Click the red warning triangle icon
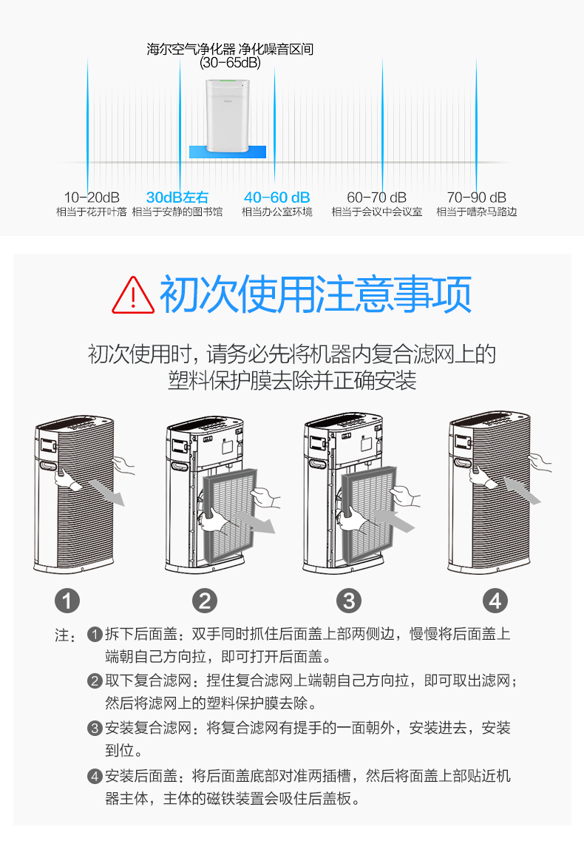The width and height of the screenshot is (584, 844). [133, 294]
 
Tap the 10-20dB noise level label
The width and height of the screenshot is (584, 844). [92, 198]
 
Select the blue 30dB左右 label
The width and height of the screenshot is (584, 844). [177, 198]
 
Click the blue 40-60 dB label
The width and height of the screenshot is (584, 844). [277, 198]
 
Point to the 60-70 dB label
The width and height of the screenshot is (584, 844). [377, 198]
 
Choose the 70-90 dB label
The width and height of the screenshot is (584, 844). [477, 198]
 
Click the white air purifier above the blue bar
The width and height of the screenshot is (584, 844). [227, 112]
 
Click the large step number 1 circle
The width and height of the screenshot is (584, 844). [67, 600]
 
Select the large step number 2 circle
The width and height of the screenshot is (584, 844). [205, 600]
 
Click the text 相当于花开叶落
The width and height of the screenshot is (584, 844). [92, 212]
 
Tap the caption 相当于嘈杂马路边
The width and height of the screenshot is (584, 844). [477, 212]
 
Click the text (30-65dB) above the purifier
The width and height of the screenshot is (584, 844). [230, 64]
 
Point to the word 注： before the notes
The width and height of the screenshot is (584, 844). [65, 636]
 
